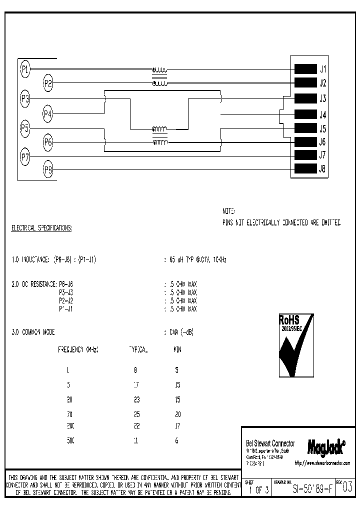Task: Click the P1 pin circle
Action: point(25,68)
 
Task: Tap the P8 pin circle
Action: point(48,169)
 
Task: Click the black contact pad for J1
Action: point(305,69)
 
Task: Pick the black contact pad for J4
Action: point(305,114)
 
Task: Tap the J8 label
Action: point(323,169)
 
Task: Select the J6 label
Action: point(323,142)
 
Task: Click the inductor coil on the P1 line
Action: point(160,69)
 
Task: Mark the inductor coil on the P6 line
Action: point(160,143)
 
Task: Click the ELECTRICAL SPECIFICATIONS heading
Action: point(41,228)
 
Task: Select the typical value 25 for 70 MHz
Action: point(137,414)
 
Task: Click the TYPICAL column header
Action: point(138,350)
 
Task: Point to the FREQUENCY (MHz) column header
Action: point(78,350)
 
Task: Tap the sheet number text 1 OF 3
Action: point(259,490)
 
